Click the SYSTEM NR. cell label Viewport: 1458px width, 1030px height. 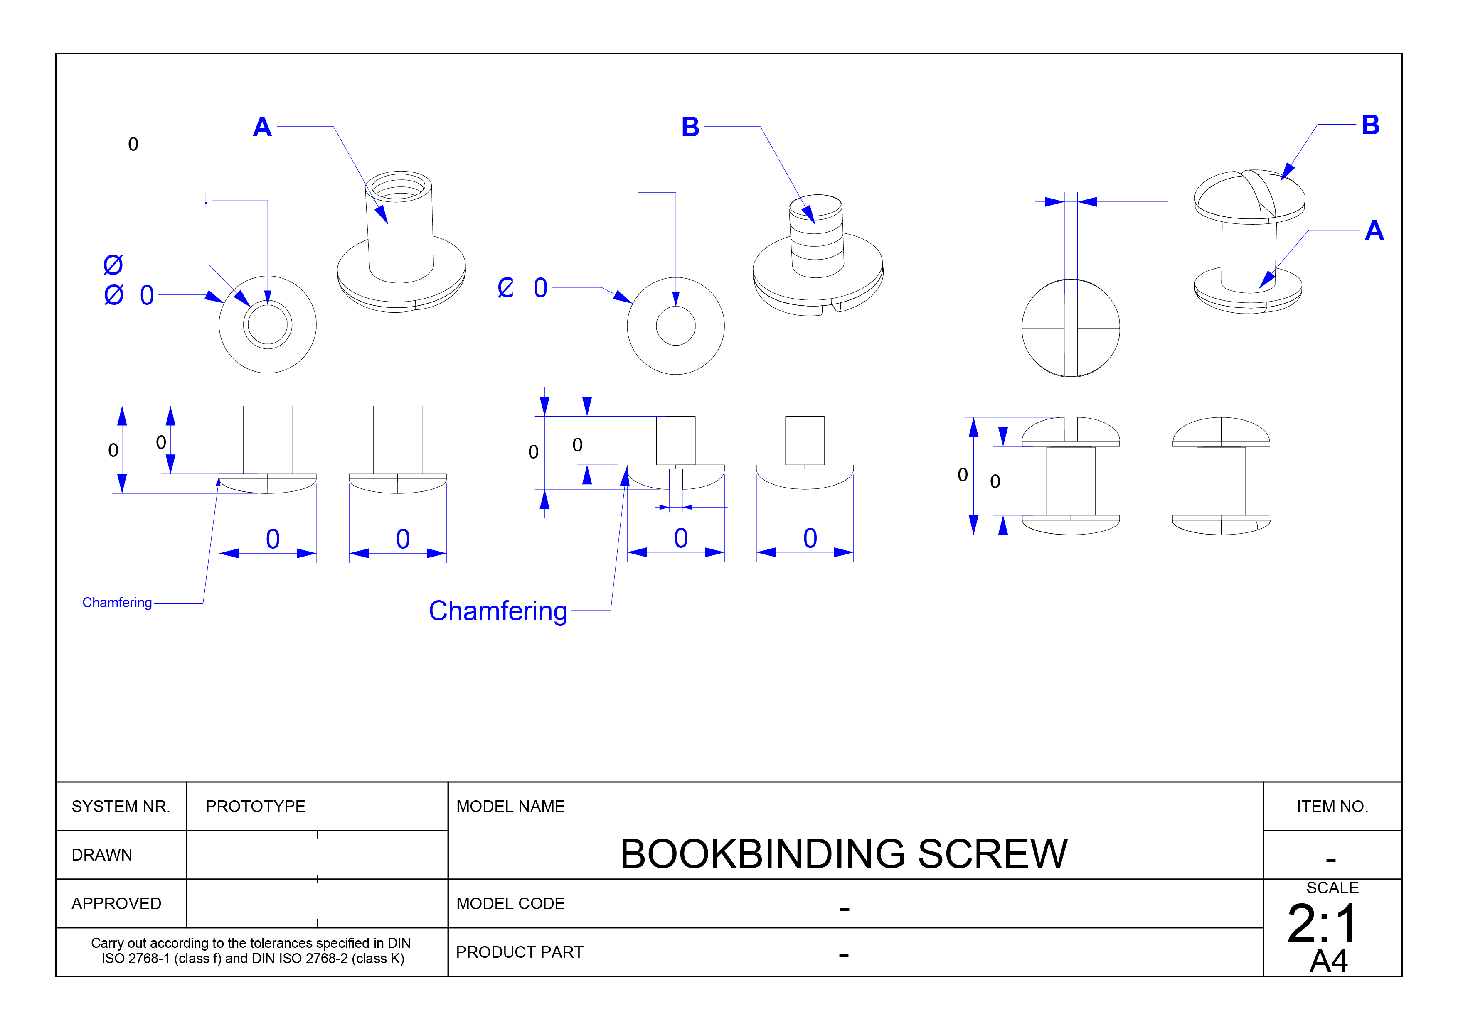pos(121,807)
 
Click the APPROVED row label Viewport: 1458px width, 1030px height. pos(116,904)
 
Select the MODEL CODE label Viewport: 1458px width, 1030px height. pos(510,904)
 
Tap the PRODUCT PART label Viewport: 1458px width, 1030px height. pos(520,953)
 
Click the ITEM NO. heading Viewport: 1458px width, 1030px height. pos(1332,807)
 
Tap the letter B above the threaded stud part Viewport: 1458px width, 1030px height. pos(690,127)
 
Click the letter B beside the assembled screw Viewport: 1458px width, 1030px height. pos(1371,125)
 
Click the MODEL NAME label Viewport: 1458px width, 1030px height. pos(510,807)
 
